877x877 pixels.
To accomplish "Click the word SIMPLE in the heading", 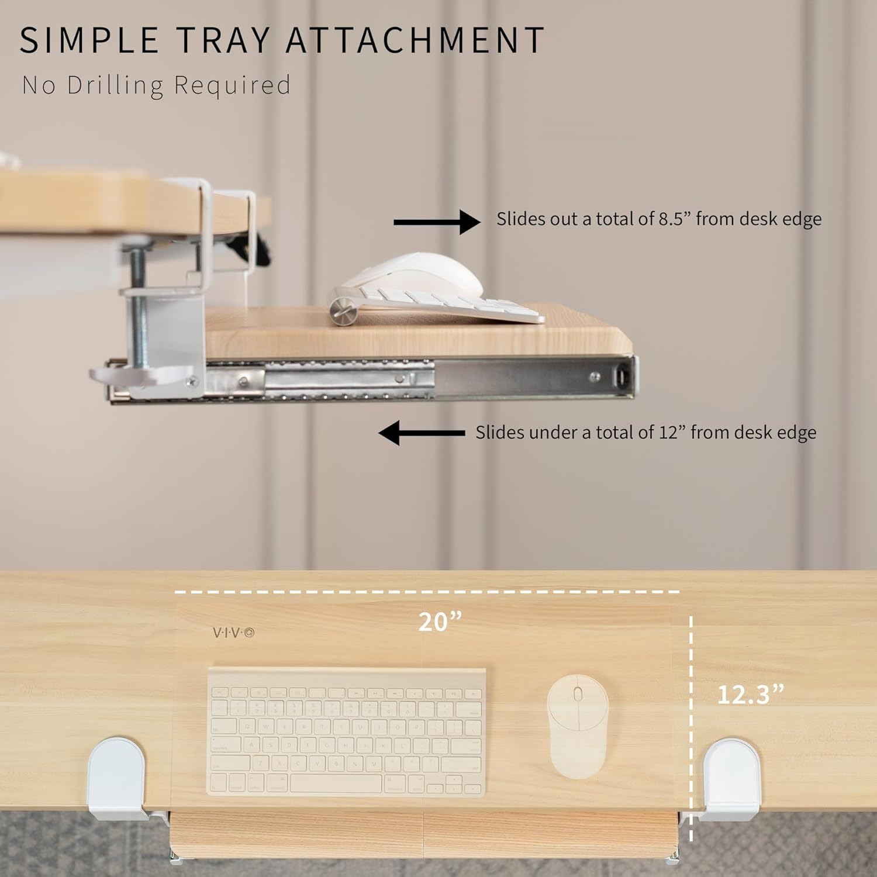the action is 89,40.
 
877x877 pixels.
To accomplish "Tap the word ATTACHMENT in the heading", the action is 416,40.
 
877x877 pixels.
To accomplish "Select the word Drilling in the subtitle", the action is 115,85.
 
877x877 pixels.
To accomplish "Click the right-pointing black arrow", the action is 437,222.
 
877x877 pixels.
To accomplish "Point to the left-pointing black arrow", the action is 422,433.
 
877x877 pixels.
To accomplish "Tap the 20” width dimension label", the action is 440,622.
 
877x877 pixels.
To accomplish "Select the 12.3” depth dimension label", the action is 750,694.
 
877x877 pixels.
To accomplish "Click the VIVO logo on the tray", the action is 233,632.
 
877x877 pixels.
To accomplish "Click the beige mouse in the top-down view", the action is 578,727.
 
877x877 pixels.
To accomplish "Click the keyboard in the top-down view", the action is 347,731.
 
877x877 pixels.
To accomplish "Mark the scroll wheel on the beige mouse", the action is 578,695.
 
